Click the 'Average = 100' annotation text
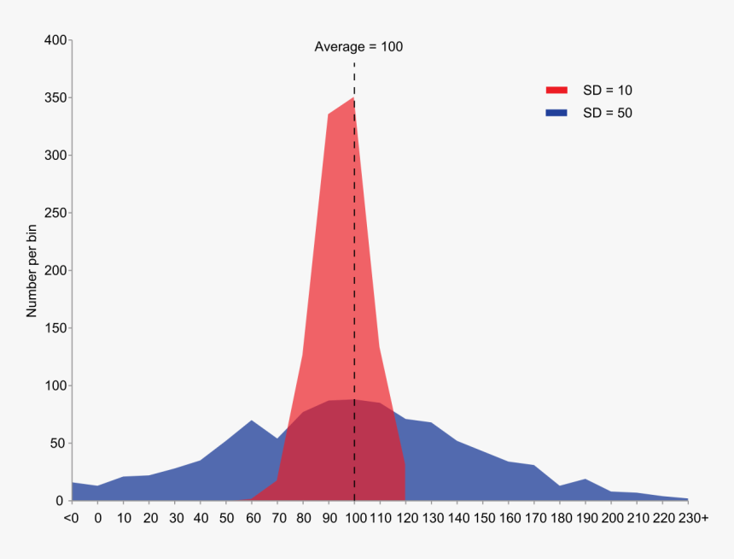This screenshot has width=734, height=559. [x=358, y=47]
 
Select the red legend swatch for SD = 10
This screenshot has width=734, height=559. [x=556, y=90]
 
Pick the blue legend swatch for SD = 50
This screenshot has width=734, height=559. [x=556, y=113]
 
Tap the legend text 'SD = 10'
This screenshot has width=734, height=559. [x=607, y=90]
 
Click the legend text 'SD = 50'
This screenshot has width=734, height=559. [x=607, y=113]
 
